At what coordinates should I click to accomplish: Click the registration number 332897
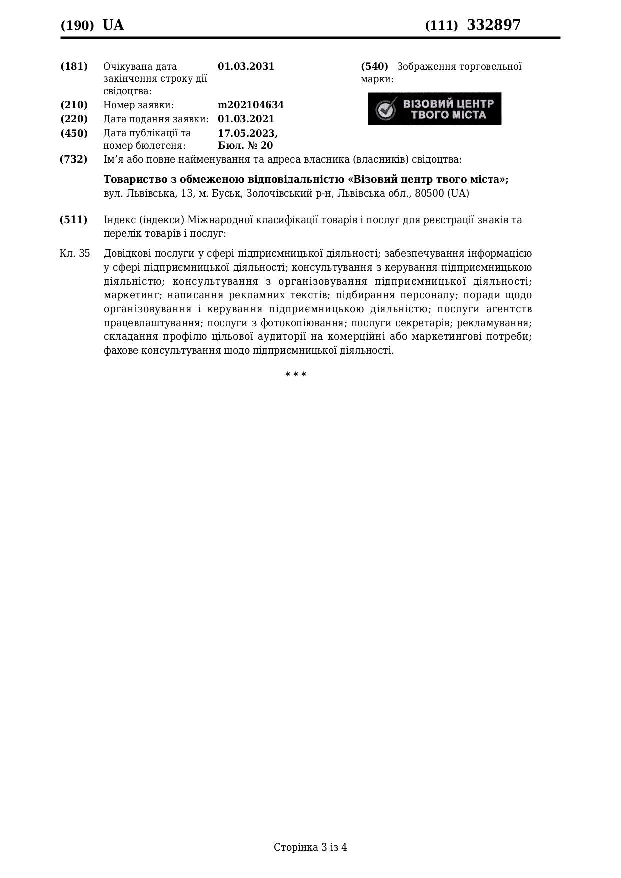[x=493, y=25]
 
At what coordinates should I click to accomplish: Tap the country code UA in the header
[x=113, y=25]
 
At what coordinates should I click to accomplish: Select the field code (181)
[x=74, y=66]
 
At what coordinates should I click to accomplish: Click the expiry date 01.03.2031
[x=246, y=66]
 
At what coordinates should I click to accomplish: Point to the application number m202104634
[x=250, y=105]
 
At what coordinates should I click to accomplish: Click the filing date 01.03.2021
[x=246, y=119]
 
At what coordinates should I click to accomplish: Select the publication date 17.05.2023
[x=247, y=133]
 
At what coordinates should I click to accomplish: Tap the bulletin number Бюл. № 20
[x=245, y=145]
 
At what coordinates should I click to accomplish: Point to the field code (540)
[x=374, y=66]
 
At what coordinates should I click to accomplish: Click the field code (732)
[x=74, y=159]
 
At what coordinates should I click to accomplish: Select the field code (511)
[x=74, y=220]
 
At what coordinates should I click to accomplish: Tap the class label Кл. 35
[x=75, y=253]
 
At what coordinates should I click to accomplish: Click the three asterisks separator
[x=296, y=375]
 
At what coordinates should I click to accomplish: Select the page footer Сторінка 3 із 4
[x=310, y=847]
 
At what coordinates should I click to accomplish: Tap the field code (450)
[x=74, y=133]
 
